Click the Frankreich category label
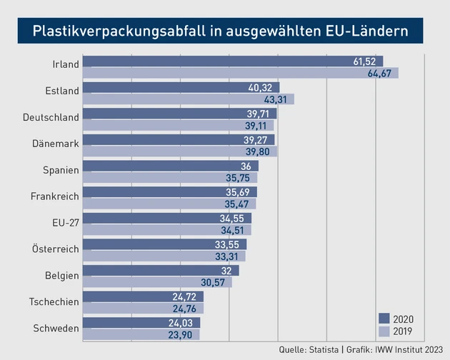54,195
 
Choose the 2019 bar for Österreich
164,256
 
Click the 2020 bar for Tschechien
143,296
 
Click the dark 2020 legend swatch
384,319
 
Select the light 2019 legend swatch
384,331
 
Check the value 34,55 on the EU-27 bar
235,219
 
